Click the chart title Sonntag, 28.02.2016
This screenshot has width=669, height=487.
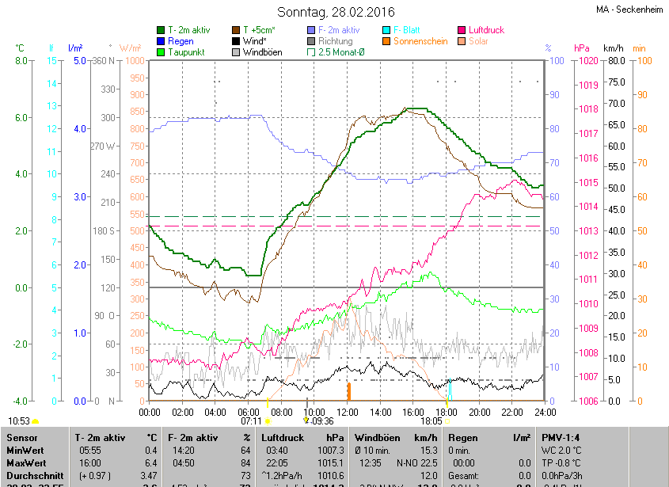[336, 12]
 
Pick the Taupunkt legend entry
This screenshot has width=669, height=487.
[187, 52]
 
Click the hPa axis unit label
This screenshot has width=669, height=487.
[582, 48]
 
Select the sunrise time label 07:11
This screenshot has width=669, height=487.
[251, 421]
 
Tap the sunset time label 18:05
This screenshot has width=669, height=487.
[431, 421]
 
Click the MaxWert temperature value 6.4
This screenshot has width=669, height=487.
[150, 462]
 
